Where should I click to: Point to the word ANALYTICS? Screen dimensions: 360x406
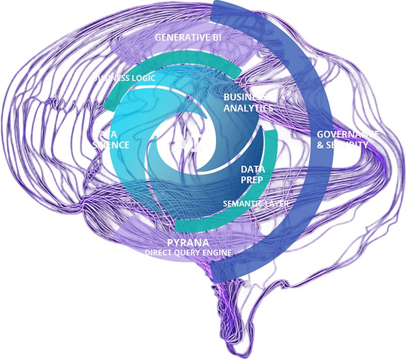(x=248, y=107)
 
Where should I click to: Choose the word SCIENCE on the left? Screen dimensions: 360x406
(x=111, y=145)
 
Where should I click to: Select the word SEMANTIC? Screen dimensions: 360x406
(x=242, y=203)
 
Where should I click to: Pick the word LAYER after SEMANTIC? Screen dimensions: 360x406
(x=277, y=203)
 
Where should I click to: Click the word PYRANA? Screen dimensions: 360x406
(x=187, y=242)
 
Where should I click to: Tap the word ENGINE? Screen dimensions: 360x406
(x=219, y=252)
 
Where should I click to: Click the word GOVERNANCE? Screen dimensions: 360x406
(x=348, y=134)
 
